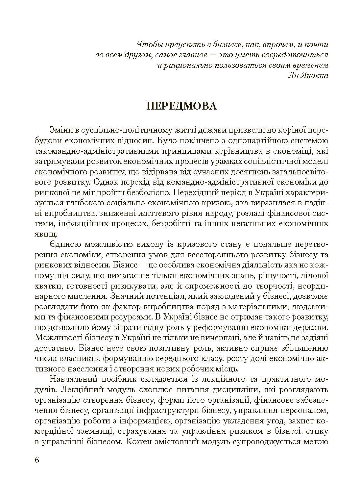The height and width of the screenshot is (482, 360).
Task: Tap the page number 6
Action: tap(36, 460)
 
